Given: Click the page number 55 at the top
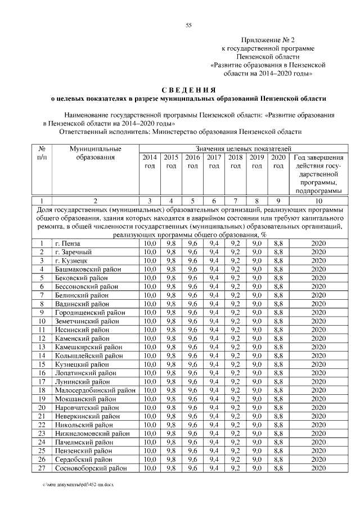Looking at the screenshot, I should (x=189, y=25).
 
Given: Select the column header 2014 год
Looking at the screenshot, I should (x=150, y=161).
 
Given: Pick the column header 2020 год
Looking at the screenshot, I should (x=278, y=161).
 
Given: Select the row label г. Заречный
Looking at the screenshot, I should (x=73, y=251).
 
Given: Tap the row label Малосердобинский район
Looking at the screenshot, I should (x=95, y=389).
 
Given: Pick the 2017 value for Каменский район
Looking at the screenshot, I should (x=214, y=338).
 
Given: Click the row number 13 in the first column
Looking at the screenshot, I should (x=42, y=346).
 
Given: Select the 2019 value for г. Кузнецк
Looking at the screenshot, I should (x=256, y=260).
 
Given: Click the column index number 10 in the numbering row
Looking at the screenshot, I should (x=318, y=200).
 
